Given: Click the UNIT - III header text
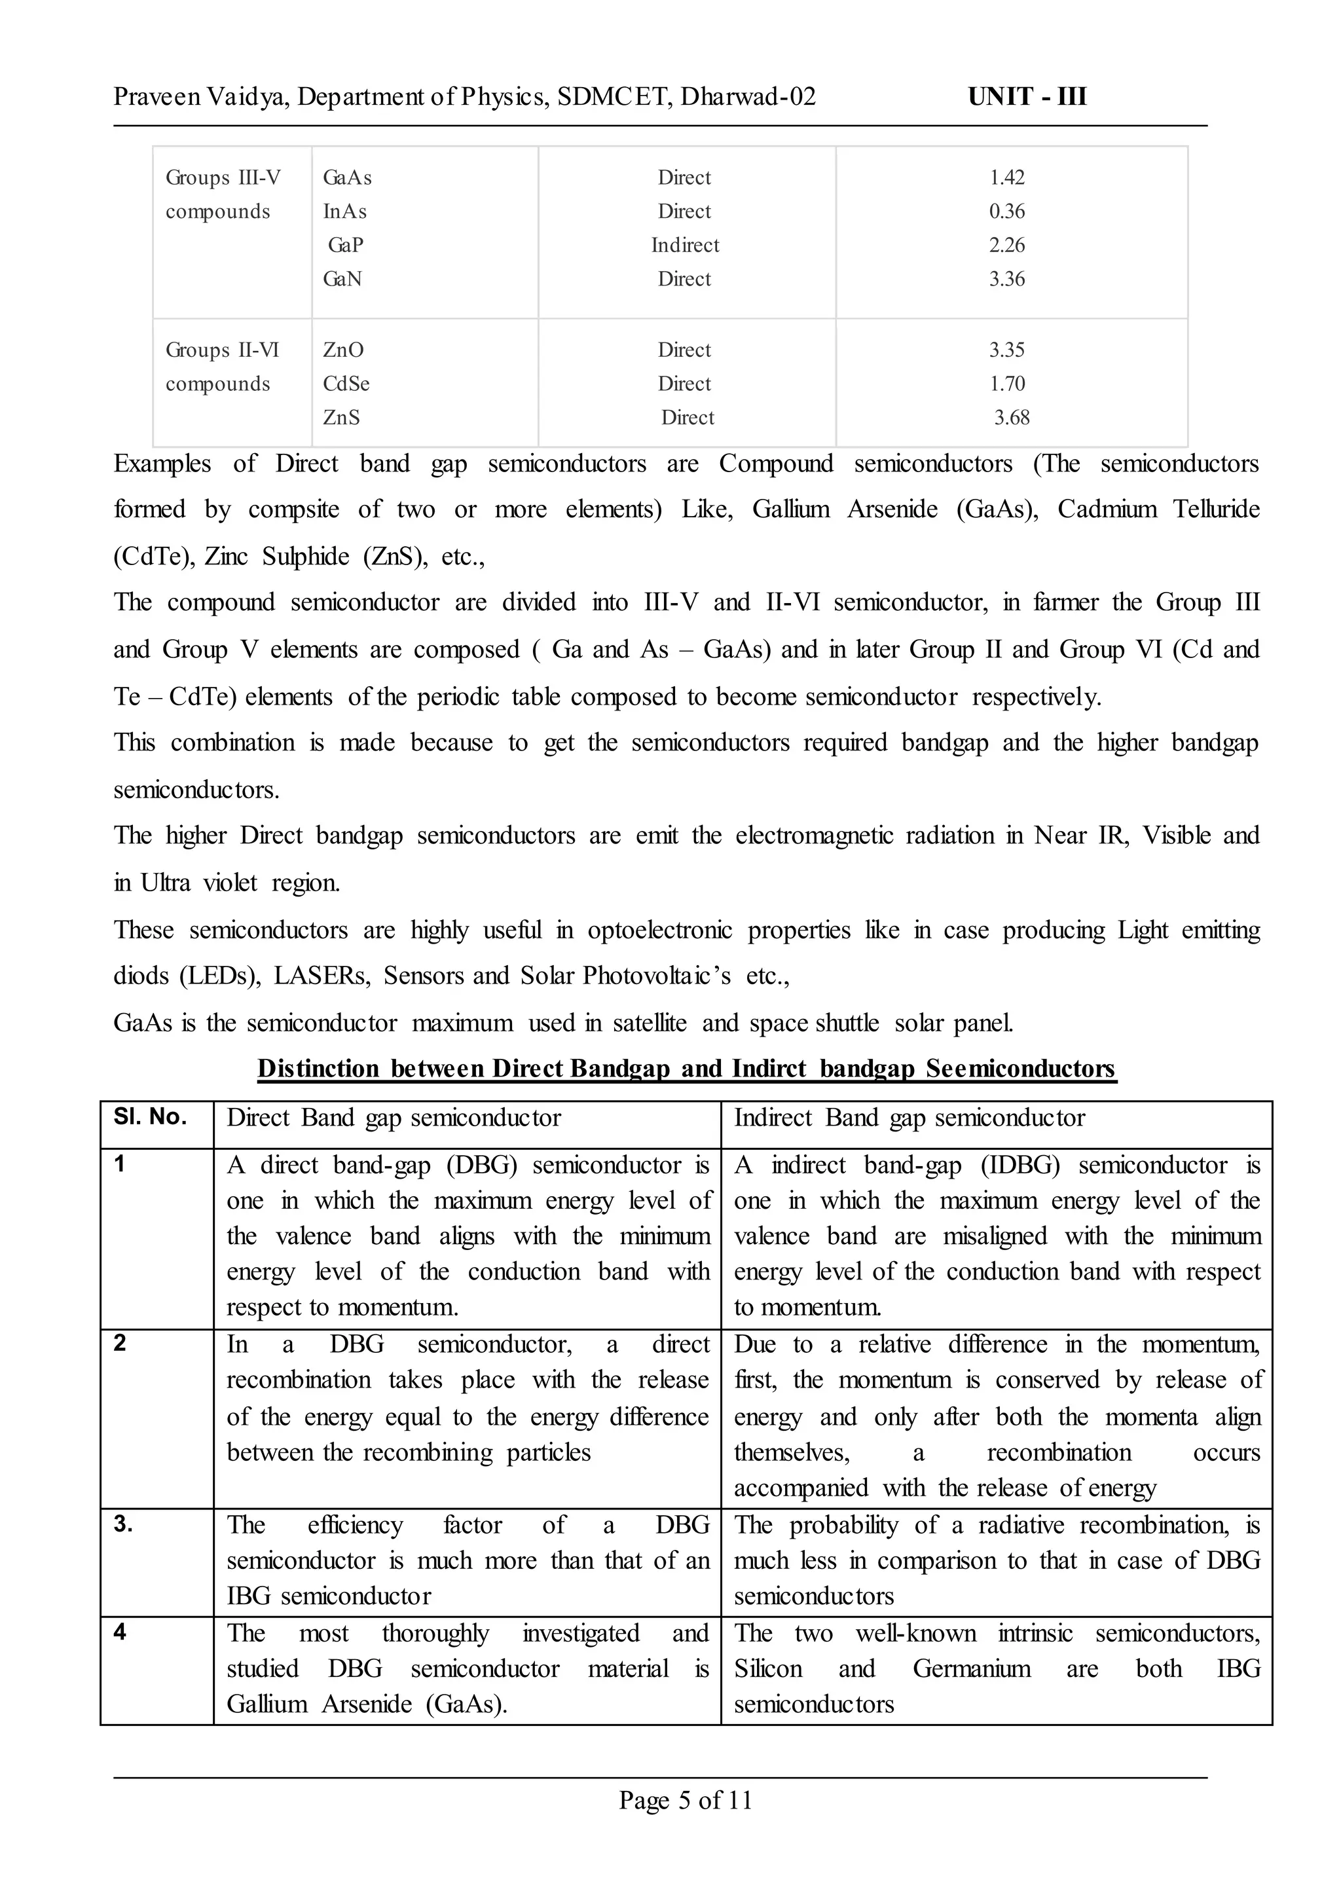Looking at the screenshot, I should click(x=1027, y=97).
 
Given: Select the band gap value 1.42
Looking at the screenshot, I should click(x=1006, y=177).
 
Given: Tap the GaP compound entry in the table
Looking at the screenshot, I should click(x=345, y=246).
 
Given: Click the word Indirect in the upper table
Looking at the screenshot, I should click(x=684, y=246).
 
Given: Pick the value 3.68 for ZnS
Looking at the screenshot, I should click(x=1012, y=418).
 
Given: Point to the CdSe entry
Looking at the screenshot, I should click(x=346, y=384).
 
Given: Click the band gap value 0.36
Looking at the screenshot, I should click(x=1006, y=212).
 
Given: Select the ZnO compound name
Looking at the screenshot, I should click(x=342, y=350).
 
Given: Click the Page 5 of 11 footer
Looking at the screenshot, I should click(x=686, y=1800).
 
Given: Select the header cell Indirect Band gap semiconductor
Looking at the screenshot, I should click(x=909, y=1118).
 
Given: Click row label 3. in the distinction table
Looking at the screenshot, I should click(x=123, y=1524).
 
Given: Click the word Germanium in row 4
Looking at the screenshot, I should click(x=971, y=1668).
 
